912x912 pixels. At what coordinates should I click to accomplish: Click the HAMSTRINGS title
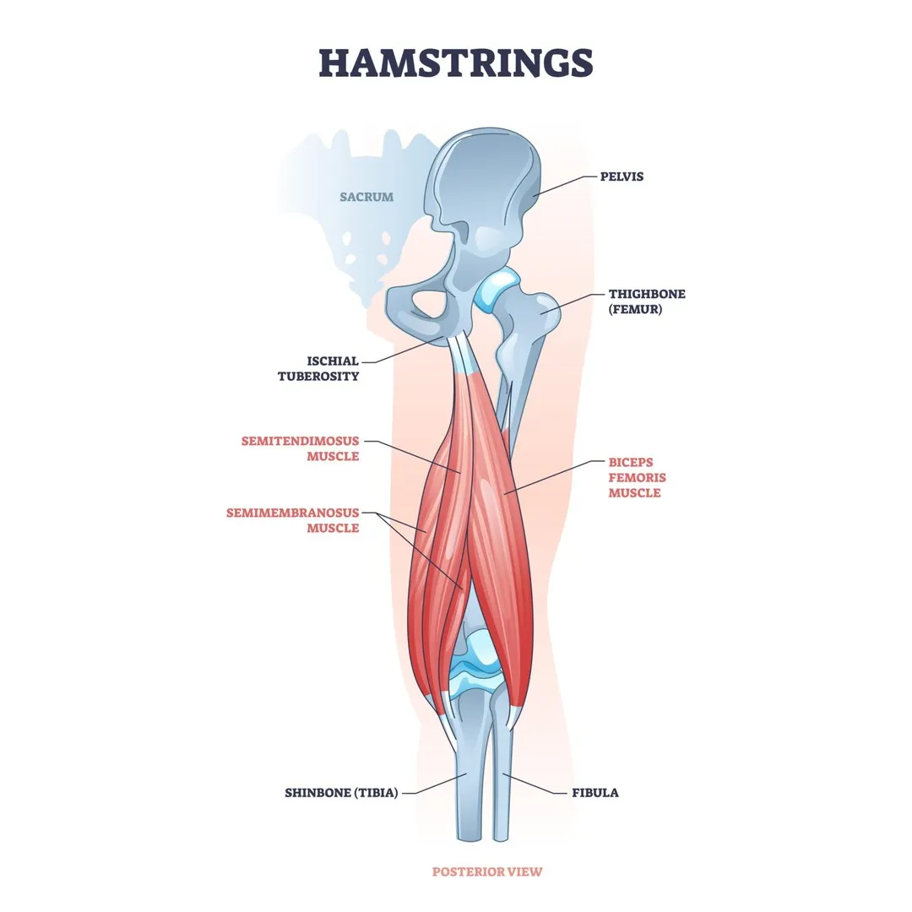456,63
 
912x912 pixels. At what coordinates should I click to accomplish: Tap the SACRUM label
366,197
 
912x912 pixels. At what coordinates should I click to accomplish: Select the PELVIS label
622,177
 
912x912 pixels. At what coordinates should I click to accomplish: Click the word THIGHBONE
647,294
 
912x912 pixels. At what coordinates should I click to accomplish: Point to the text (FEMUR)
637,310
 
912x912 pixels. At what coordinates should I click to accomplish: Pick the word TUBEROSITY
318,377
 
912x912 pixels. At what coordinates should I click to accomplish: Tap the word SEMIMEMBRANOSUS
292,513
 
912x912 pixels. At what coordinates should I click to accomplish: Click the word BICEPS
631,463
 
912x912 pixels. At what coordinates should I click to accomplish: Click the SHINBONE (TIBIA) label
341,793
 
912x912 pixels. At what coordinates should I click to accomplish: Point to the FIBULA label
595,793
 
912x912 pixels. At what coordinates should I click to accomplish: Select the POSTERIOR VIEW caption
487,871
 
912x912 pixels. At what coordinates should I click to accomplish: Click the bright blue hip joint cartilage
492,290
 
